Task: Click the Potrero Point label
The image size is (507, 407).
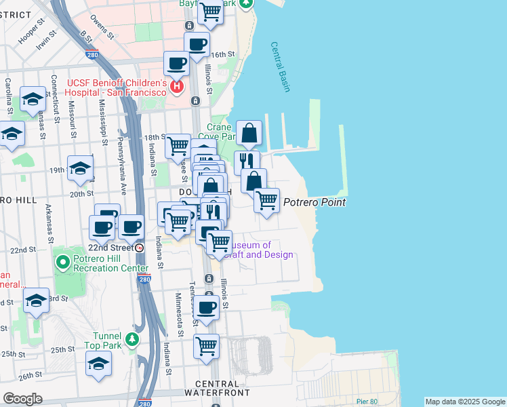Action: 315,202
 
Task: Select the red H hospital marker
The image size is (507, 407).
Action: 177,87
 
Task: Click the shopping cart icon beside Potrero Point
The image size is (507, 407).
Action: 267,200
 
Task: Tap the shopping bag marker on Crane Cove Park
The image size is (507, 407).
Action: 249,133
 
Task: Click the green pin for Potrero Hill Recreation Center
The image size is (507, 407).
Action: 62,261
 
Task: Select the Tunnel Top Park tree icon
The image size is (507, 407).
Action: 134,338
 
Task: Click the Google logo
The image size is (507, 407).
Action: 22,399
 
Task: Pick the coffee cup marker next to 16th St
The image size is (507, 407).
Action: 197,45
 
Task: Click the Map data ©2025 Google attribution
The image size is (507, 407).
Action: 464,402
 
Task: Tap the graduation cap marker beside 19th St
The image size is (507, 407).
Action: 80,168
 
